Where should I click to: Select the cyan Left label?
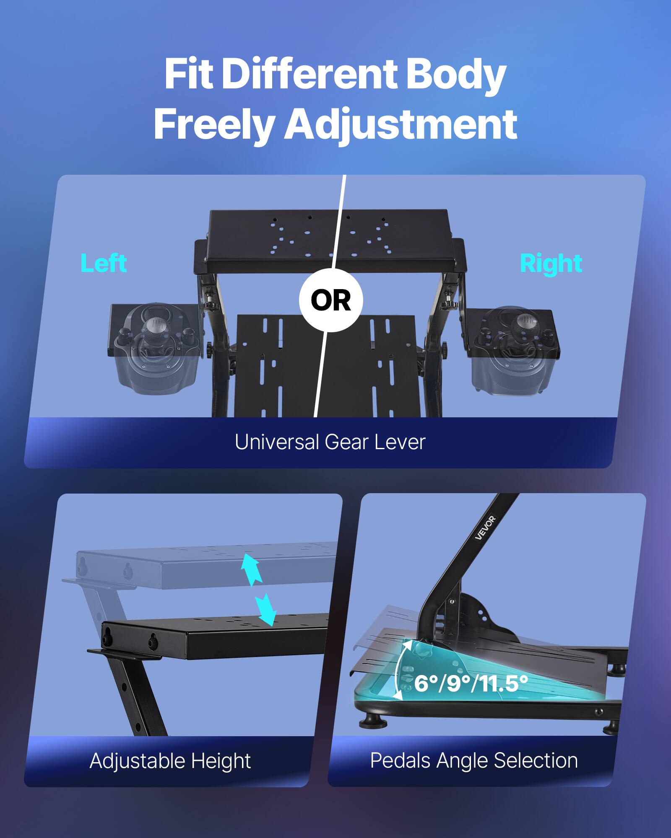(x=104, y=264)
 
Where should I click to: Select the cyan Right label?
(x=551, y=264)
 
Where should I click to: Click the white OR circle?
(x=331, y=300)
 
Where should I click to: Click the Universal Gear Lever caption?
(x=330, y=442)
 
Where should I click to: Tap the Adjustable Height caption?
(x=170, y=760)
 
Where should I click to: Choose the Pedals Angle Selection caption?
(x=474, y=760)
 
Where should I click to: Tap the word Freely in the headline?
(x=214, y=124)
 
